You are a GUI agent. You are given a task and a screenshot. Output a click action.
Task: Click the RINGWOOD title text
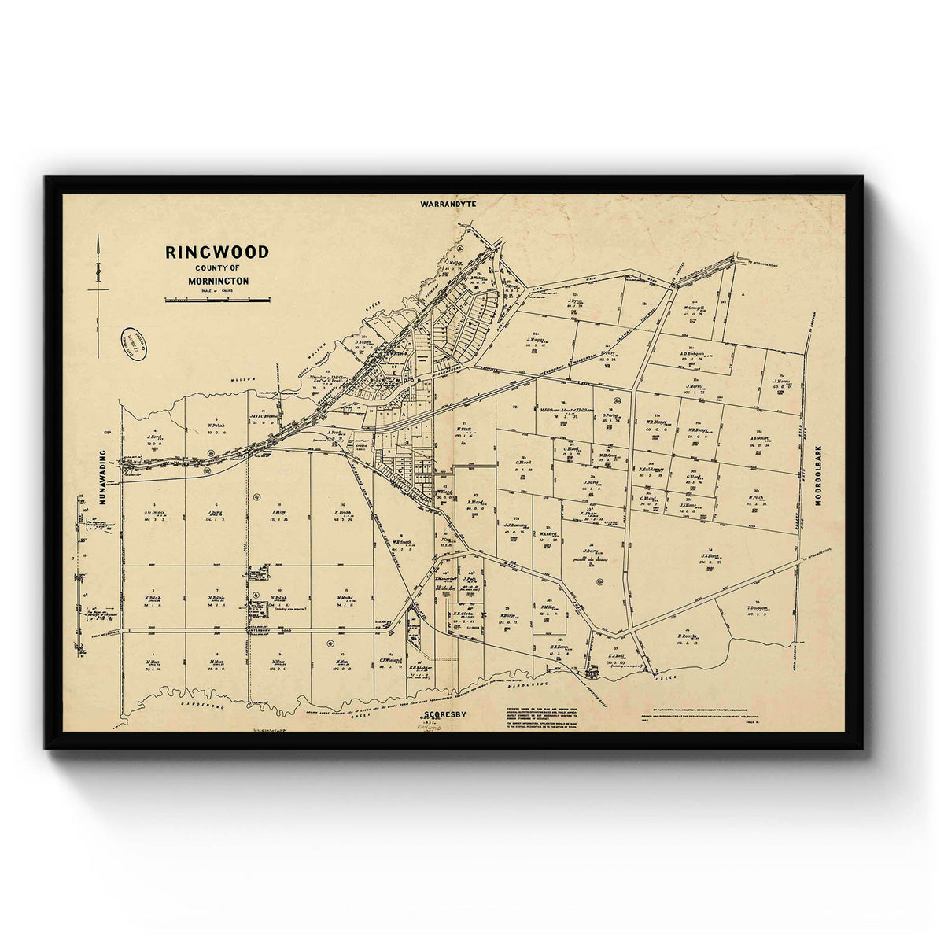click(217, 253)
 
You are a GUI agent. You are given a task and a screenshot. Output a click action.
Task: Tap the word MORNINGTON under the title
click(217, 280)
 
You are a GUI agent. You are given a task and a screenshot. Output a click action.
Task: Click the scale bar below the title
click(217, 299)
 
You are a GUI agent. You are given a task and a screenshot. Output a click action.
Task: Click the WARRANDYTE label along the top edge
click(449, 203)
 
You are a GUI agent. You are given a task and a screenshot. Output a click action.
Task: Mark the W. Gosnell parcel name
click(695, 308)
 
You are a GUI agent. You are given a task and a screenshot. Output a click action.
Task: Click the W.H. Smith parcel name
click(402, 542)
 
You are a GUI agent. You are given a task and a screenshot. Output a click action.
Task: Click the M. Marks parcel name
click(343, 598)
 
